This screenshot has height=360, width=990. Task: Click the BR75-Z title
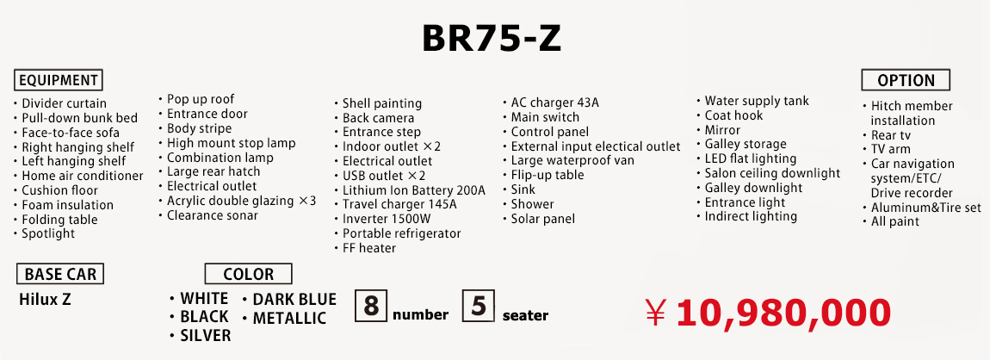point(492,39)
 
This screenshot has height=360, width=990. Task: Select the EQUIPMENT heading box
point(58,80)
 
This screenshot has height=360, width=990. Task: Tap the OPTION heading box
point(906,80)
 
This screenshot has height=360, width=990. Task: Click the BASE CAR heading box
point(60,274)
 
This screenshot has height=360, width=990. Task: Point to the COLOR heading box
point(248,274)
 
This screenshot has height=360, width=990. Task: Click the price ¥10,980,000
point(768,313)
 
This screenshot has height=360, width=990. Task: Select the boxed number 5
point(479,306)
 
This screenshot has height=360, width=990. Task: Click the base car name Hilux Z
point(45,300)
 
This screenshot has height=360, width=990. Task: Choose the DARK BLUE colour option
point(294,299)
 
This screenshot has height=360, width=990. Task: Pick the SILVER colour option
point(205,335)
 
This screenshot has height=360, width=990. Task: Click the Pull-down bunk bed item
point(79,118)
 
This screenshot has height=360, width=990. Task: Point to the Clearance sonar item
point(212,215)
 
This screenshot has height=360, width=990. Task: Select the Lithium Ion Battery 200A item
point(413,190)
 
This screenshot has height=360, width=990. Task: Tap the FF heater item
point(369,248)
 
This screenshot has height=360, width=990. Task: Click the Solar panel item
point(543,219)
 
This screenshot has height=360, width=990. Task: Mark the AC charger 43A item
point(554,102)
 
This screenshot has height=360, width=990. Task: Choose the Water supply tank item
point(757,101)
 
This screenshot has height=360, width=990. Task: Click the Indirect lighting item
point(751,217)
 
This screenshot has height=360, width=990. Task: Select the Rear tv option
point(891,135)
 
